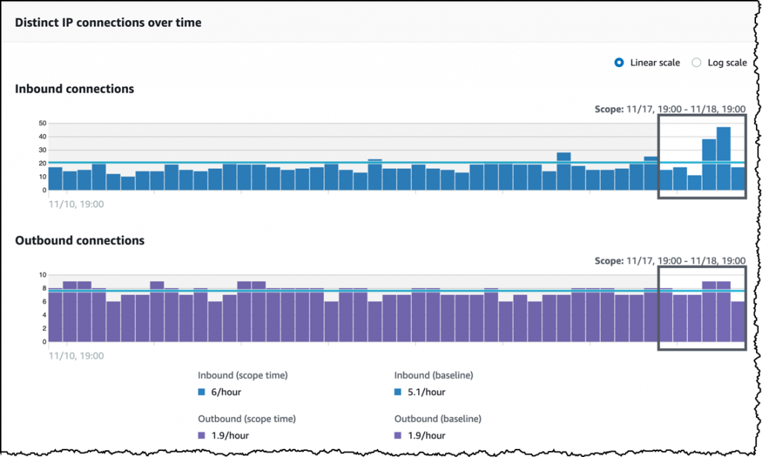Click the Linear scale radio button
(619, 63)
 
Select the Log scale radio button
(697, 63)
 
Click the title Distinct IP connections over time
(108, 22)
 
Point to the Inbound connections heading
(74, 89)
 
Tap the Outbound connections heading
(80, 240)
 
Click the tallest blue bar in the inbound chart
(723, 158)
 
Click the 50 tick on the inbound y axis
(42, 123)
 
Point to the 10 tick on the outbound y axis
(42, 275)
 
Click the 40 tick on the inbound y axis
(42, 136)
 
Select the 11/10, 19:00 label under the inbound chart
(76, 203)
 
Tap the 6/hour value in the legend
(226, 392)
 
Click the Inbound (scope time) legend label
(243, 375)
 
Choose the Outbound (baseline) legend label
(438, 418)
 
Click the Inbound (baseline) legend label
(434, 375)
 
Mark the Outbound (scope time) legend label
(246, 418)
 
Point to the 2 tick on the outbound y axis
(43, 329)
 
